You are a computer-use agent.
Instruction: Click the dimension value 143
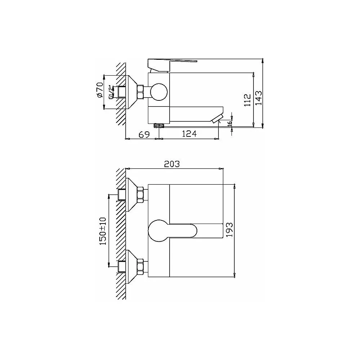point(258,98)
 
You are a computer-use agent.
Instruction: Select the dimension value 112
point(248,100)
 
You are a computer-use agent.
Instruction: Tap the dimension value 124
point(189,134)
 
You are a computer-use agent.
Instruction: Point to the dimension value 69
point(145,134)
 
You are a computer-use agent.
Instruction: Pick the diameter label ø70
point(100,90)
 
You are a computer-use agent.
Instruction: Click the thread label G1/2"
point(111,92)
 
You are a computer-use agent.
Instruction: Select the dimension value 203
point(172,164)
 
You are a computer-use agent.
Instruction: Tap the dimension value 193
point(229,230)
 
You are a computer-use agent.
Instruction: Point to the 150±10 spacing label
point(103,231)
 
